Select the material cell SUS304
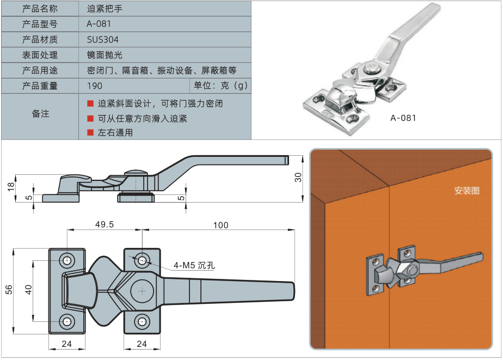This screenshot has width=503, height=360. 102,40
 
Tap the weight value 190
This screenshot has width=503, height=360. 94,86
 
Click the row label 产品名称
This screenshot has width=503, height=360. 40,9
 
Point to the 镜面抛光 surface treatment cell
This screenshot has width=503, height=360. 105,55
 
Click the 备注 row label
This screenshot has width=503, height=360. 40,114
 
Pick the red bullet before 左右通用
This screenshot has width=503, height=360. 90,132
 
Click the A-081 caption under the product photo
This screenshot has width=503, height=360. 403,118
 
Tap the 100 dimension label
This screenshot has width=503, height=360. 220,225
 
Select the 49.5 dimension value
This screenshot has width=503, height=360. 104,224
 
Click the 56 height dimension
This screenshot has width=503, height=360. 8,290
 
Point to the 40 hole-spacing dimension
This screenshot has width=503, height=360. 29,290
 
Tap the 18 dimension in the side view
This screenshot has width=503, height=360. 10,187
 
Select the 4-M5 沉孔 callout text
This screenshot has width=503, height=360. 194,266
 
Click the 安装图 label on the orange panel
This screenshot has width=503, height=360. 467,191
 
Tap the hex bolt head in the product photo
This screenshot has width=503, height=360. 371,69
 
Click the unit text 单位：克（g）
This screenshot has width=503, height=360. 220,86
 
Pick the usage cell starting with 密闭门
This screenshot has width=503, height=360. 162,70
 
